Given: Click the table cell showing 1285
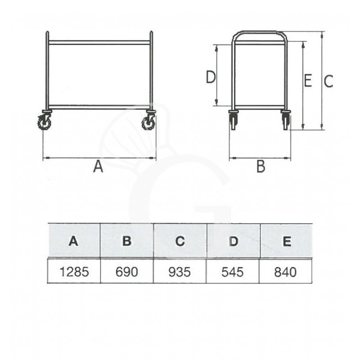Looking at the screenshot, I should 74,271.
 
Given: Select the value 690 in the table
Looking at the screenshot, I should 127,271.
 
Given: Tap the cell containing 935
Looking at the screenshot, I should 180,271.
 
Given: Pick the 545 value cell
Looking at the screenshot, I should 233,271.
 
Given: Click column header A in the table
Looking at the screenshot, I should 74,241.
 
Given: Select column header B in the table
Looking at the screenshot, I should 127,241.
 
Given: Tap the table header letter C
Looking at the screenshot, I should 180,241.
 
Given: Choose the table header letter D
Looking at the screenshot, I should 233,241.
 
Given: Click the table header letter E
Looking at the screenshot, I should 286,241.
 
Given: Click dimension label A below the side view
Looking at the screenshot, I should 98,167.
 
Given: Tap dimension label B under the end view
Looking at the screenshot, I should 261,167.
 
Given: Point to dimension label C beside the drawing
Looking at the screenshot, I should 328,81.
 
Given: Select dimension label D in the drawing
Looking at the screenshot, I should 211,78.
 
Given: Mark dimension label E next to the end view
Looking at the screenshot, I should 307,81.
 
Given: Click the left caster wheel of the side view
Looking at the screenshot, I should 45,121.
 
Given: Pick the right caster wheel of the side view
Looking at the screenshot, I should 148,121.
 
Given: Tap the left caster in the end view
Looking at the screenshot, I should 233,120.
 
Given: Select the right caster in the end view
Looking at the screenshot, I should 286,120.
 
